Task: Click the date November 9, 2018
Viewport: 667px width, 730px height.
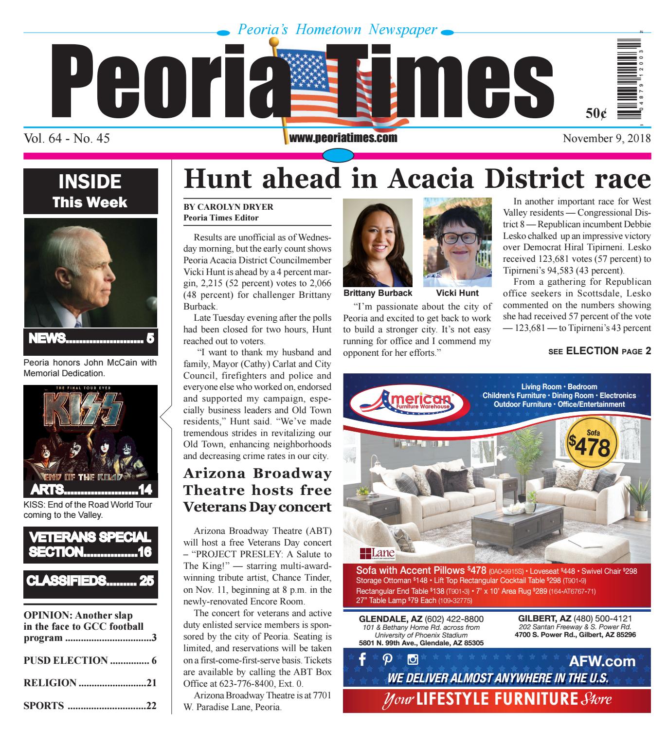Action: pyautogui.click(x=606, y=139)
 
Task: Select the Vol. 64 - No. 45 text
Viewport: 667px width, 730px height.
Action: pyautogui.click(x=67, y=139)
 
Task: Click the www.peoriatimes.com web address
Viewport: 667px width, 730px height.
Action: pyautogui.click(x=343, y=138)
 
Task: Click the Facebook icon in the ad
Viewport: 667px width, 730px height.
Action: pyautogui.click(x=362, y=660)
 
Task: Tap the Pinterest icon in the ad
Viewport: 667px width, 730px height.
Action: pyautogui.click(x=388, y=660)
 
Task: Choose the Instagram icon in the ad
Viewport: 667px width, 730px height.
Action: pyautogui.click(x=413, y=660)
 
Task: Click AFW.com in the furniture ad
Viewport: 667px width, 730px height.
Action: pyautogui.click(x=605, y=661)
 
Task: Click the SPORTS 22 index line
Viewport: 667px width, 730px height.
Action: pyautogui.click(x=90, y=706)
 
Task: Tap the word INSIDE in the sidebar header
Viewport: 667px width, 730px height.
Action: pyautogui.click(x=90, y=182)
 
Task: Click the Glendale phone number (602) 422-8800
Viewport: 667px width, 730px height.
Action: pyautogui.click(x=454, y=619)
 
